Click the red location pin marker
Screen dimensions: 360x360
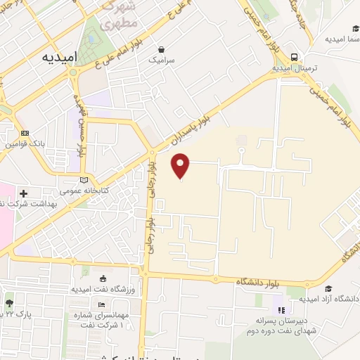click(x=181, y=165)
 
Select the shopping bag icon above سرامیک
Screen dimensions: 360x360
click(x=162, y=49)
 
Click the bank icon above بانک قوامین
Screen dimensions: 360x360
click(x=25, y=133)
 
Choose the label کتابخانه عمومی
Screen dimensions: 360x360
click(x=82, y=191)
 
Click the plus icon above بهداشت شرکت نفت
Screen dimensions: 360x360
click(x=24, y=192)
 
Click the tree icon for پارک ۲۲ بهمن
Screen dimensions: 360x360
click(x=9, y=303)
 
